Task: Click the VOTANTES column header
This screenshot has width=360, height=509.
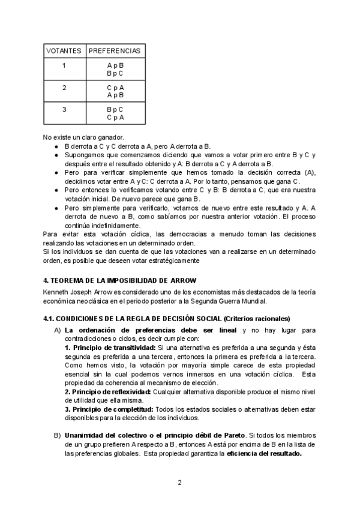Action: (x=64, y=50)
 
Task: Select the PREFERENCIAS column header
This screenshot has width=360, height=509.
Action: (x=115, y=50)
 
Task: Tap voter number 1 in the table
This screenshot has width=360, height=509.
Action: (x=64, y=65)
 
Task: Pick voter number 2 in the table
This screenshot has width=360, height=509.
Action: (x=64, y=88)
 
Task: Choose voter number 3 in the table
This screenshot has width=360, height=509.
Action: (x=64, y=110)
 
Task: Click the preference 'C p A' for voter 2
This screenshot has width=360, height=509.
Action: (x=115, y=88)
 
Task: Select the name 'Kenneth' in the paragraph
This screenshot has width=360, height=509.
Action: (x=56, y=292)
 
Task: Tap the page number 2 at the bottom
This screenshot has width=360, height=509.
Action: (x=179, y=482)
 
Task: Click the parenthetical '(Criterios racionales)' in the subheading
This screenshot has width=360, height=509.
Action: (x=256, y=318)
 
